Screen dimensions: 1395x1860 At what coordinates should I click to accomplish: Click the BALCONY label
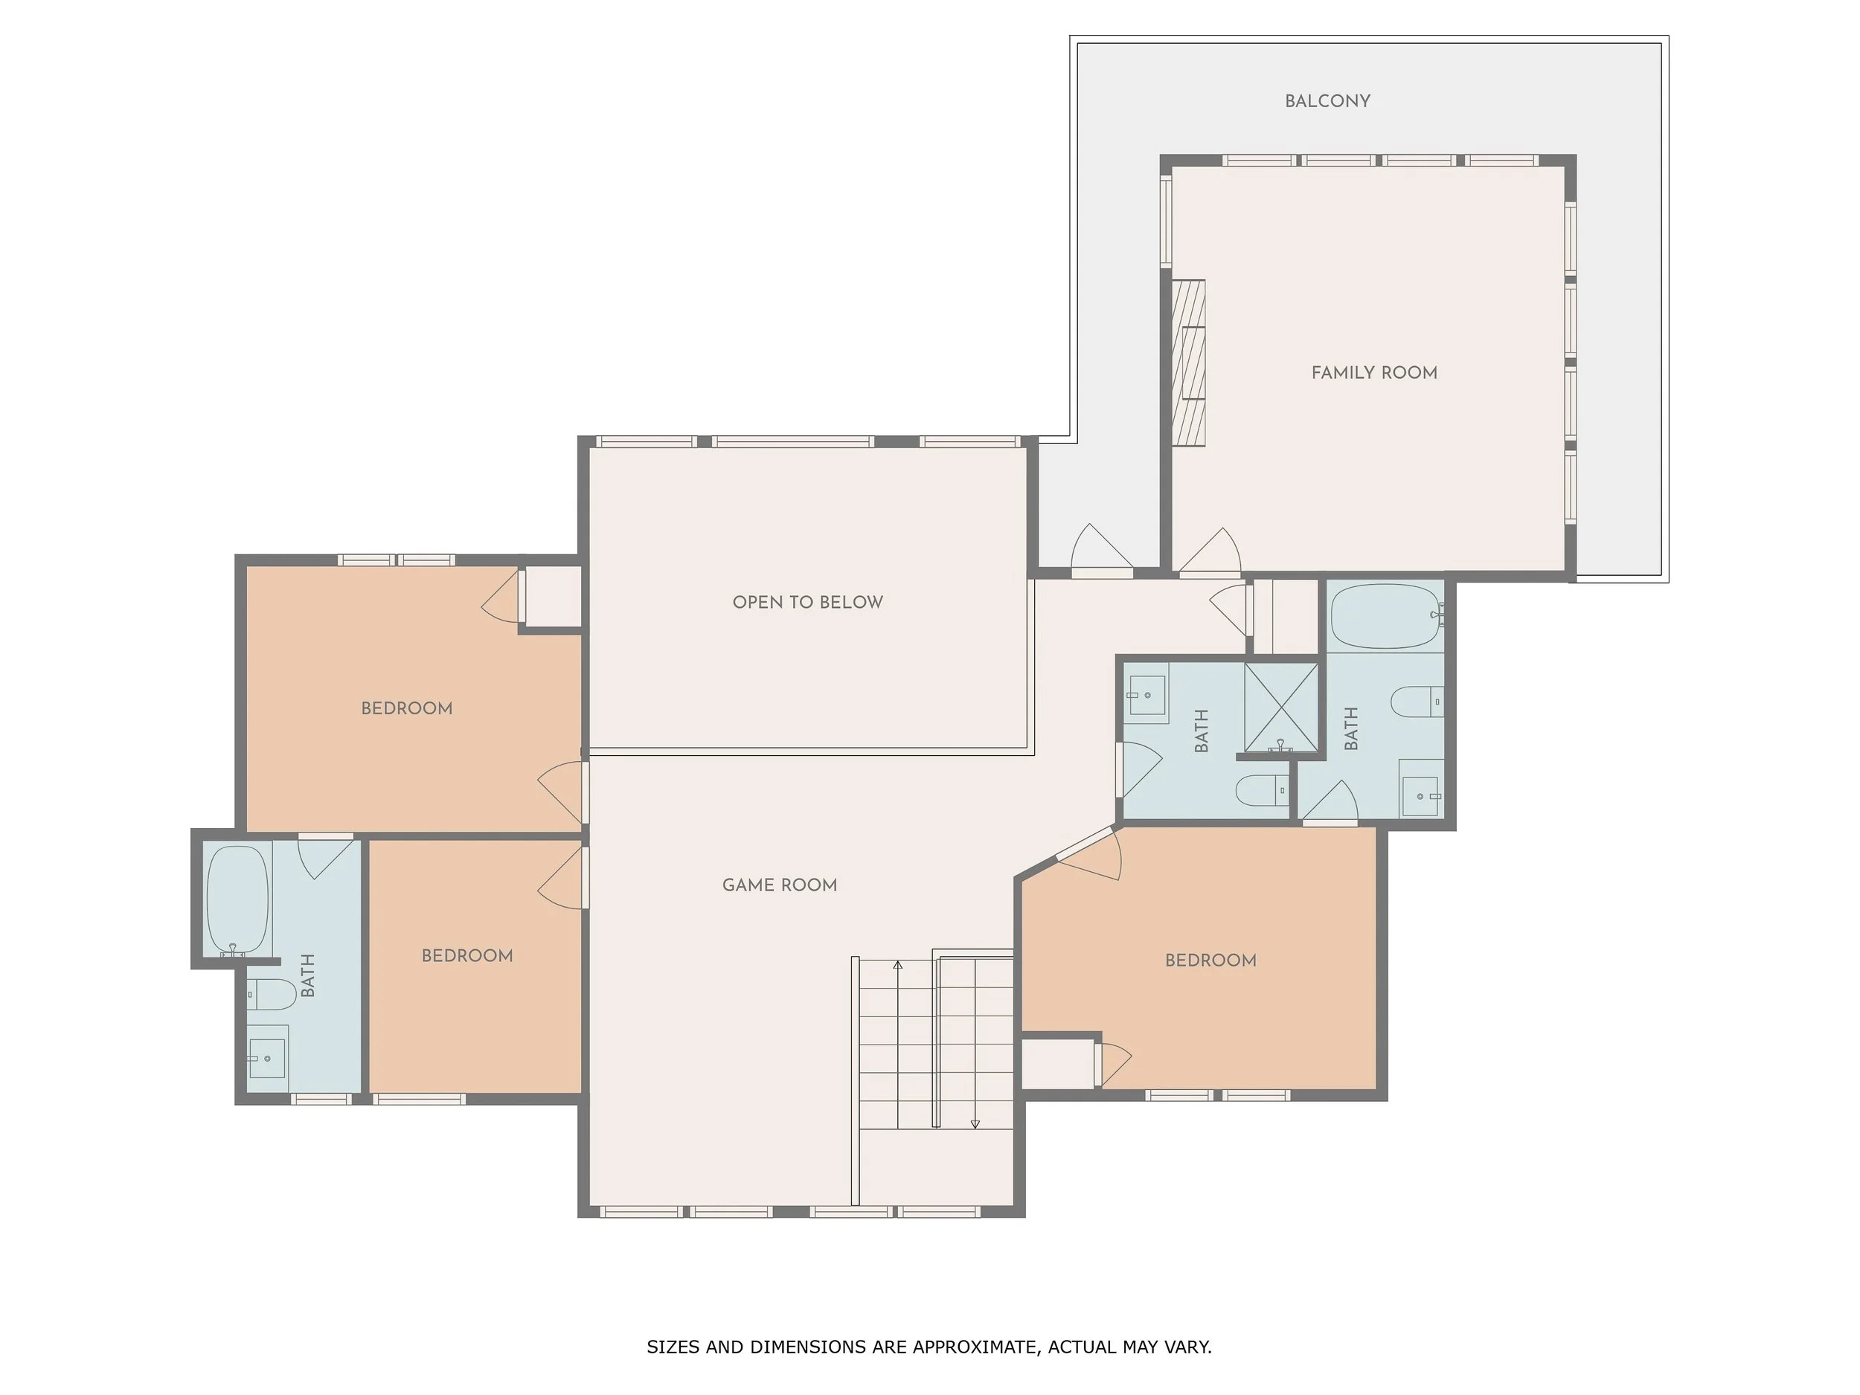tap(1327, 101)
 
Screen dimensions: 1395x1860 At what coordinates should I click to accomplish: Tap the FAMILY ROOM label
tap(1374, 373)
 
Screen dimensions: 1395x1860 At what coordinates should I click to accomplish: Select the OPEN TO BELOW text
tap(807, 602)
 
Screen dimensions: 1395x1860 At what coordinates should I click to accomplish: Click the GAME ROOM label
tap(780, 885)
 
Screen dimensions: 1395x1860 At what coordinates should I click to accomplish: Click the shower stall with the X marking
tap(1280, 707)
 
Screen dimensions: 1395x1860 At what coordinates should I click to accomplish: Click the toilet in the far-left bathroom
tap(272, 994)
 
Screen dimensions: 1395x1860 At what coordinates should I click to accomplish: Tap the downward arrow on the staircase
tap(975, 1124)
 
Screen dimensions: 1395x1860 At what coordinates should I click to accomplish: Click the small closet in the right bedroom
tap(1057, 1065)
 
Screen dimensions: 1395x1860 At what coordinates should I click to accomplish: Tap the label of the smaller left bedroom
tap(466, 955)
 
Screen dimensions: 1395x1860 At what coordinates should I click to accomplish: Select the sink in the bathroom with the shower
tap(1147, 696)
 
